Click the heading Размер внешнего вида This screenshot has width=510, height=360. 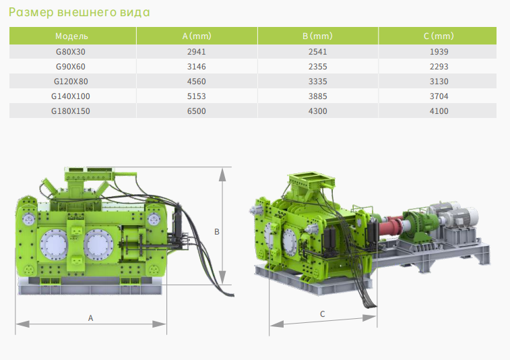pyautogui.click(x=79, y=12)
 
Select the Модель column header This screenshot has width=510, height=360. pyautogui.click(x=71, y=36)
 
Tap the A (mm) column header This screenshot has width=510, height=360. pyautogui.click(x=197, y=36)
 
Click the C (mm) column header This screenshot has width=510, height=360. pyautogui.click(x=439, y=36)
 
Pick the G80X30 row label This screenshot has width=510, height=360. pyautogui.click(x=71, y=52)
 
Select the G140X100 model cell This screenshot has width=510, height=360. pyautogui.click(x=71, y=96)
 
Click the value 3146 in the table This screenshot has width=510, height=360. pyautogui.click(x=197, y=67)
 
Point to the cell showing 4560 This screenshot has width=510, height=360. pyautogui.click(x=197, y=82)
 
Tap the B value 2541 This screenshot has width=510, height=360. pyautogui.click(x=318, y=52)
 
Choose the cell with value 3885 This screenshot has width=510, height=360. pyautogui.click(x=318, y=96)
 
